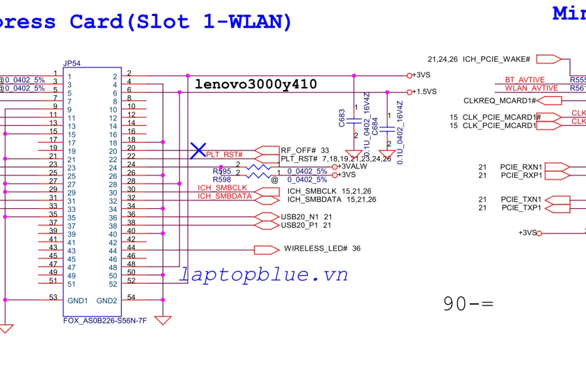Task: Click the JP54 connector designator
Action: (72, 63)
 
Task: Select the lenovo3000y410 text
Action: (256, 85)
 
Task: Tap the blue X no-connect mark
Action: (198, 151)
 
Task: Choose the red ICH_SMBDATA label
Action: (225, 196)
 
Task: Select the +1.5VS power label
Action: (424, 91)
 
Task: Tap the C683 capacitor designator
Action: (342, 118)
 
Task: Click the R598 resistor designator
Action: (222, 180)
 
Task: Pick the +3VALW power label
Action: (353, 166)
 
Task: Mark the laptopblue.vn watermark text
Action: (264, 275)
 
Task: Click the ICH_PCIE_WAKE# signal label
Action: (496, 59)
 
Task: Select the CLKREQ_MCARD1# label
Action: (500, 101)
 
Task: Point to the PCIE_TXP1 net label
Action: (521, 208)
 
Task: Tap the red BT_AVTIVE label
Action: (525, 80)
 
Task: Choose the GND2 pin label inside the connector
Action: (106, 301)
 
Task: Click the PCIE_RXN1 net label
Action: (521, 167)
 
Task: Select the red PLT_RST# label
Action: (224, 155)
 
